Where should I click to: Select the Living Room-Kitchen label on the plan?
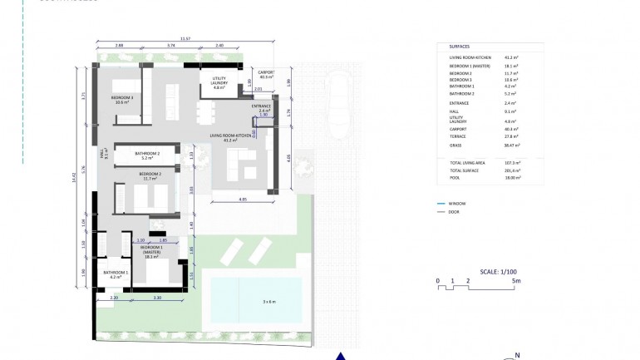click(x=230, y=137)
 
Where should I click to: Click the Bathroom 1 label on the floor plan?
click(x=116, y=274)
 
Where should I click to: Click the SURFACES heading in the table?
click(x=459, y=47)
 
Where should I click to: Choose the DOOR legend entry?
click(x=454, y=212)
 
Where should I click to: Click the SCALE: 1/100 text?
click(x=499, y=271)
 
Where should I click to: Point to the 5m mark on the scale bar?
click(x=516, y=281)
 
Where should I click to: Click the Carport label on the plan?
click(x=266, y=72)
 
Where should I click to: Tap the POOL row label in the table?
click(x=455, y=177)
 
